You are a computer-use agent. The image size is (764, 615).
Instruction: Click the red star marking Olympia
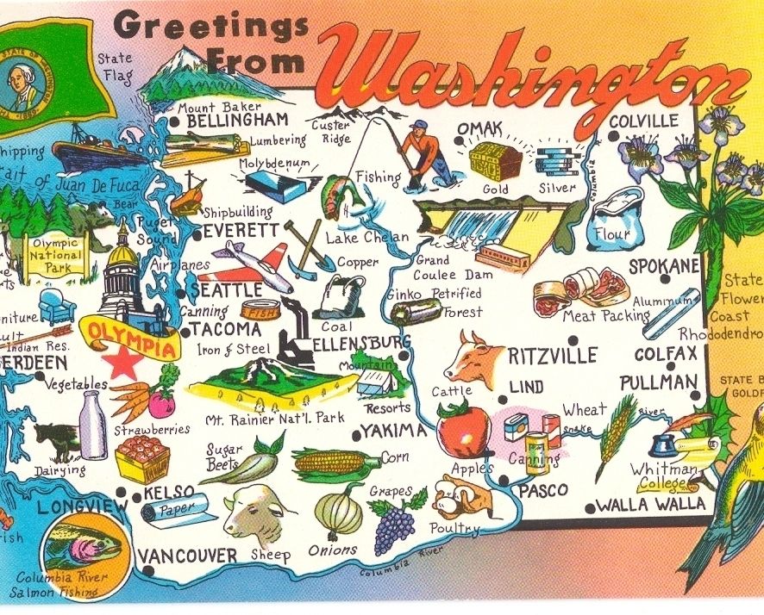tap(123, 365)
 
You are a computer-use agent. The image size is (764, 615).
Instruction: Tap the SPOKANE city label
tap(663, 267)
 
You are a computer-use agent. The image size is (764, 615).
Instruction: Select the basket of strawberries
tap(142, 458)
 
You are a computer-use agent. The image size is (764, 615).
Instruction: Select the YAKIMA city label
tap(394, 431)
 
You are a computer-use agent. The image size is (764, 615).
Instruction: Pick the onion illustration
tap(339, 512)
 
